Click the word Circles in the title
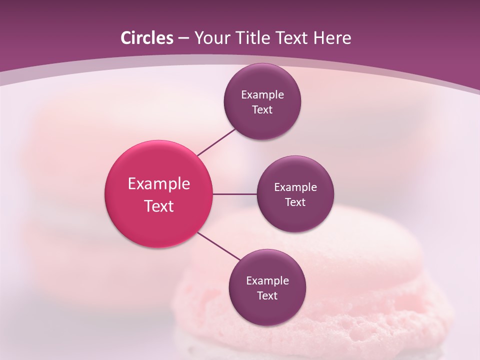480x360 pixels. (146, 38)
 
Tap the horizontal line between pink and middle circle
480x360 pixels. (235, 194)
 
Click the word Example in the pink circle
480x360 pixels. (159, 184)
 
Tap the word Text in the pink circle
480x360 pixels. (159, 206)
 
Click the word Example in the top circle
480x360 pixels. (262, 95)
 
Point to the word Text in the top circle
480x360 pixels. (262, 110)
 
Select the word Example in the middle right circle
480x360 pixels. (295, 187)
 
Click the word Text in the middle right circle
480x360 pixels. (295, 202)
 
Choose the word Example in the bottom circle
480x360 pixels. (267, 281)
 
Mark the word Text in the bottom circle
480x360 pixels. (267, 296)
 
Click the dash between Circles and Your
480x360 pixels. (183, 38)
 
